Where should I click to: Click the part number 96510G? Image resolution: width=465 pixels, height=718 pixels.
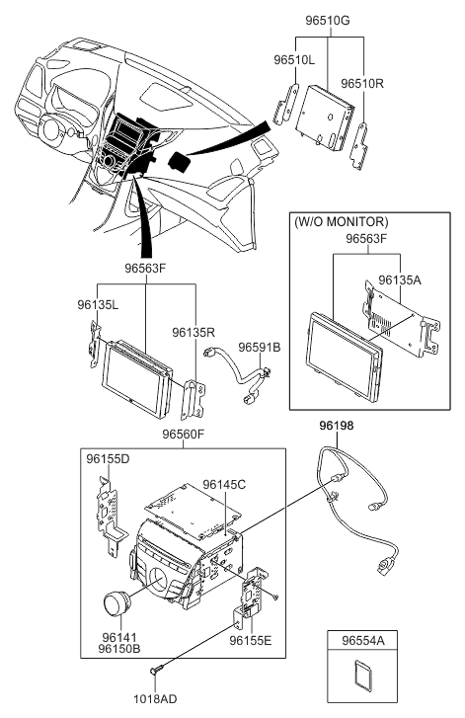[327, 21]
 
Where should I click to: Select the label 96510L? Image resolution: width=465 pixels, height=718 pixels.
[294, 59]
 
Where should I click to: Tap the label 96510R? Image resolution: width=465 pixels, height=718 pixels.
[362, 83]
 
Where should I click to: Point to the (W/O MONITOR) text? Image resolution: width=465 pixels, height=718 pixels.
[341, 222]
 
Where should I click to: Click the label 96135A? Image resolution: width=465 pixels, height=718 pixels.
[400, 280]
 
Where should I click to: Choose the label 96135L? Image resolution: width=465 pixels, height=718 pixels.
[98, 304]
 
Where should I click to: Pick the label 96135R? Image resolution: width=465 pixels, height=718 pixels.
[194, 332]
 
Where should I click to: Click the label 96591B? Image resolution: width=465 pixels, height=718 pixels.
[260, 348]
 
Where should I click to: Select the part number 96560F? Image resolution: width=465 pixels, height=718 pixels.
[183, 435]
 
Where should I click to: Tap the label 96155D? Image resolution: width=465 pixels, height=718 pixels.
[108, 459]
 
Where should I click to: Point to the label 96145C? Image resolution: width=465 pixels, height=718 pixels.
[224, 484]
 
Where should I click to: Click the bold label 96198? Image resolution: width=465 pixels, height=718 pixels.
[337, 426]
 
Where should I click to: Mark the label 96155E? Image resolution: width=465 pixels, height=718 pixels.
[251, 640]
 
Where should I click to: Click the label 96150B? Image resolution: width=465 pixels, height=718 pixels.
[119, 649]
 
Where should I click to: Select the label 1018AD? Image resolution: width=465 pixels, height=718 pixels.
[155, 699]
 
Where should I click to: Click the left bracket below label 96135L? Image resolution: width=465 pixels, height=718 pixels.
[95, 345]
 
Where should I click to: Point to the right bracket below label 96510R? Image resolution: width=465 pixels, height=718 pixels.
[359, 146]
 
